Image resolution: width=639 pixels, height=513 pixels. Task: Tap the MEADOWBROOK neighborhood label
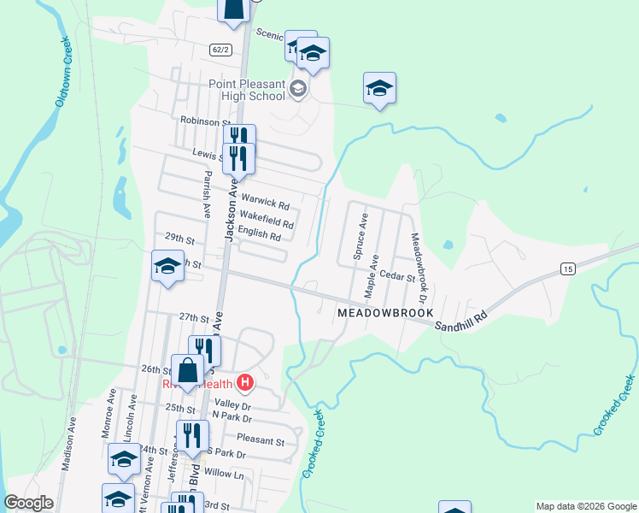(385, 314)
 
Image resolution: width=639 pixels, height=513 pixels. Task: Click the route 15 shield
(568, 269)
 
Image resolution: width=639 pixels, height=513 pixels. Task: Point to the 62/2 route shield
(220, 50)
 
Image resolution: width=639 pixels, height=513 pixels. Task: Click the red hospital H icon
(245, 381)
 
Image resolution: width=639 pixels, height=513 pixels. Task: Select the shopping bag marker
(188, 371)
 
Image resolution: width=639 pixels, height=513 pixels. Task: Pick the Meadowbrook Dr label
(418, 269)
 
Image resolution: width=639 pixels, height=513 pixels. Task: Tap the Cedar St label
(397, 277)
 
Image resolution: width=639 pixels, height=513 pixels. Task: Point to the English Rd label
(260, 235)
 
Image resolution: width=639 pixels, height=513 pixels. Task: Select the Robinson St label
(201, 121)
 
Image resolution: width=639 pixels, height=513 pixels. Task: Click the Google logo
(28, 503)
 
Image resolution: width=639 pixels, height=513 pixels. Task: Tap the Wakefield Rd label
(267, 220)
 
